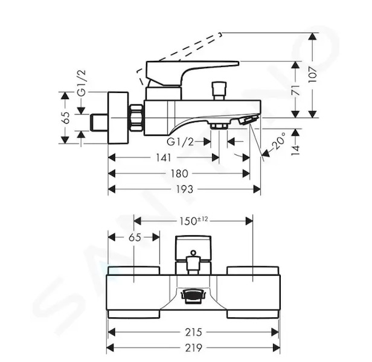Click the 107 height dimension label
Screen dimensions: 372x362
[313, 74]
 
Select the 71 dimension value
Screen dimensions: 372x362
[296, 90]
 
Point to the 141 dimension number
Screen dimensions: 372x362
[163, 157]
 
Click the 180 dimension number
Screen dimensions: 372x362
[179, 174]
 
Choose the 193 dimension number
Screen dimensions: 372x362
[185, 189]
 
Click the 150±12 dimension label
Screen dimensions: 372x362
[194, 221]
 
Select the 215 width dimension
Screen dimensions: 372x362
[194, 332]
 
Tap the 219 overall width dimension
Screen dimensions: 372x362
[194, 348]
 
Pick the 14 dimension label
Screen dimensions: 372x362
[296, 150]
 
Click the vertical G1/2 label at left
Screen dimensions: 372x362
[82, 83]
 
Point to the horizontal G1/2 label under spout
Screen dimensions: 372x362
[181, 142]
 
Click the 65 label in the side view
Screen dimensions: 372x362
[66, 118]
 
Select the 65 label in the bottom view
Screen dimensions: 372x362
[135, 237]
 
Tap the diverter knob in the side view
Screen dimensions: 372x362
[220, 91]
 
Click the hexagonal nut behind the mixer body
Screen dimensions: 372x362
[137, 118]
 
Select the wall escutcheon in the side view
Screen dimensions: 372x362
[118, 118]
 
